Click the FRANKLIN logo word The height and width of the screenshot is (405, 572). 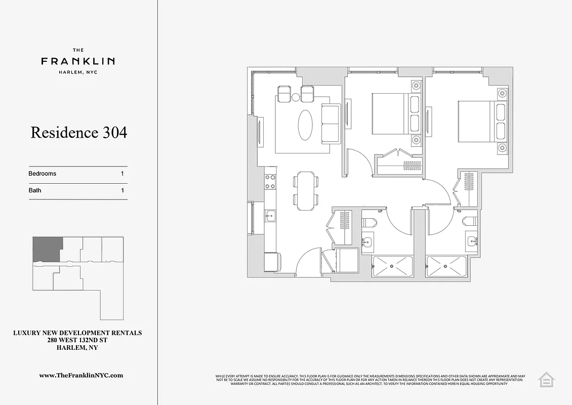tap(78, 61)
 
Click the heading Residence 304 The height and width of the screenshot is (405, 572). tap(78, 133)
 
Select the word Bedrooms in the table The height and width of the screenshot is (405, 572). tap(43, 174)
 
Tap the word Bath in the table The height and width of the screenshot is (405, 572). tap(35, 191)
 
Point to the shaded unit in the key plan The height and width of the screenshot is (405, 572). tap(47, 249)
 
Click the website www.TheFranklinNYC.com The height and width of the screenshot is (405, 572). tap(81, 376)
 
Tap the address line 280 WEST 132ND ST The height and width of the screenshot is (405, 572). tap(77, 340)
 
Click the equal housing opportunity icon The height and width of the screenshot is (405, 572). tap(546, 379)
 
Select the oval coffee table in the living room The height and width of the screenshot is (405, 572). tap(305, 125)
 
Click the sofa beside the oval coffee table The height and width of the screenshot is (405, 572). tap(331, 124)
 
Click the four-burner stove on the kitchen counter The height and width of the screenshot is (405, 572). tap(270, 182)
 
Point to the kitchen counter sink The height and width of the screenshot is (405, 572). tap(270, 217)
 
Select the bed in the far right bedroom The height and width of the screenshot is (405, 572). tap(476, 121)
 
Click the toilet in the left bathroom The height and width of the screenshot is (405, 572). tap(368, 222)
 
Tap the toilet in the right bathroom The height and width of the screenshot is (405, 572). tap(470, 221)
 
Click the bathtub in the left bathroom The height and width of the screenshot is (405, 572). tap(392, 266)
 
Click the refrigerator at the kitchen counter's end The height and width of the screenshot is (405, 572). tap(272, 262)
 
